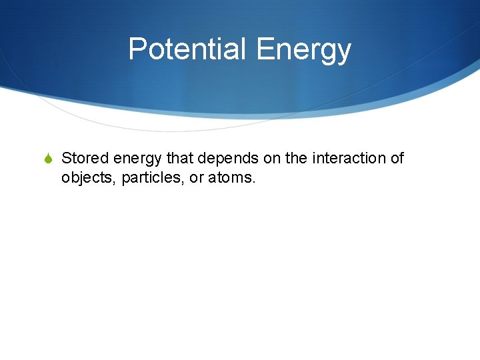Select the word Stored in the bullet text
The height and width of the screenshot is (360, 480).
[85, 158]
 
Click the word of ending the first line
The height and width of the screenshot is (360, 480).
[397, 158]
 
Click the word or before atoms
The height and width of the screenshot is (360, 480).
[195, 178]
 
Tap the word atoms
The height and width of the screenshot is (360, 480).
[231, 178]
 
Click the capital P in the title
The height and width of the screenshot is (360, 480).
[137, 49]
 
